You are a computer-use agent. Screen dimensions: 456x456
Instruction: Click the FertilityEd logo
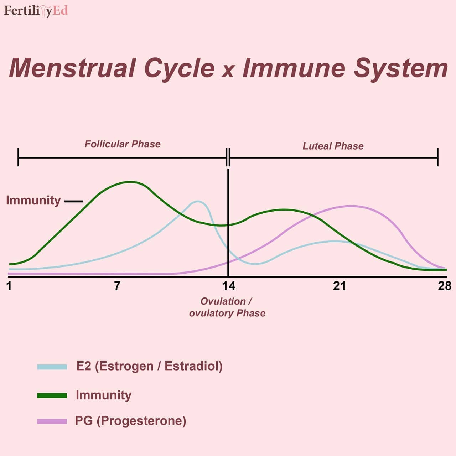(x=36, y=11)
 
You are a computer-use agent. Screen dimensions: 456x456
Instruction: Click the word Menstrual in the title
(x=72, y=68)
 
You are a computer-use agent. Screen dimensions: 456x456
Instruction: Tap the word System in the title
(x=401, y=69)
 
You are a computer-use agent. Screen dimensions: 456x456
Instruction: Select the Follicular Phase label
(x=123, y=144)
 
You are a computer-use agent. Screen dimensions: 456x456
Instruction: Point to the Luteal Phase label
(x=333, y=146)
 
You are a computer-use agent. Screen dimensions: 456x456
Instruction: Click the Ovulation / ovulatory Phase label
(x=227, y=307)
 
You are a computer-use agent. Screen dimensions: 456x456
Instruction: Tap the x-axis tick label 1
(x=9, y=286)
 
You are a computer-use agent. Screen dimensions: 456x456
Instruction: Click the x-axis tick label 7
(x=117, y=286)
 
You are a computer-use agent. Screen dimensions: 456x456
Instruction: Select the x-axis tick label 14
(x=229, y=286)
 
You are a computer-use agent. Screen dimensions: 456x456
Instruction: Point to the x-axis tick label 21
(x=340, y=286)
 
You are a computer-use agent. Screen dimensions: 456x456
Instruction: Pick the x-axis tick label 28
(x=445, y=286)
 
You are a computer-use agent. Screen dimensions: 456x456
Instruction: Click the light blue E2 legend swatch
(x=52, y=367)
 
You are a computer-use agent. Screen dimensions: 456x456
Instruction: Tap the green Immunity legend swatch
(x=52, y=395)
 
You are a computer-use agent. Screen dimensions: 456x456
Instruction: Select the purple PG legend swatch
(x=52, y=421)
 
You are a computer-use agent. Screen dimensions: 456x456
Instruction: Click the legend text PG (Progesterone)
(x=131, y=421)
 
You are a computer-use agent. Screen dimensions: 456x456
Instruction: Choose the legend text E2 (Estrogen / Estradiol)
(x=149, y=366)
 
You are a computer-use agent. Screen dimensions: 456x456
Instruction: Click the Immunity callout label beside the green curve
(x=33, y=201)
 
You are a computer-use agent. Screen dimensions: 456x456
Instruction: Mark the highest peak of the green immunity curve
(x=130, y=182)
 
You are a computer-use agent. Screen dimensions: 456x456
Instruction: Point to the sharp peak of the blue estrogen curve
(x=198, y=202)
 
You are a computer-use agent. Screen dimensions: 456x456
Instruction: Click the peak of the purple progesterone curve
(x=351, y=206)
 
